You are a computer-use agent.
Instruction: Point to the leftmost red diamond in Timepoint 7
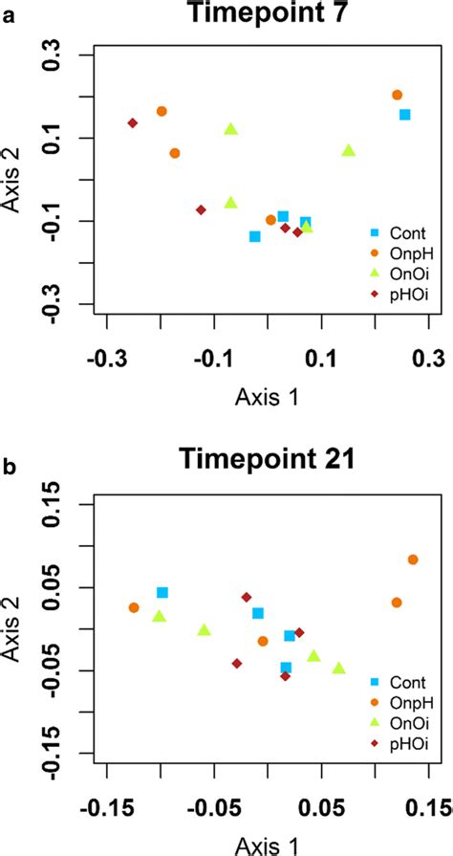point(133,123)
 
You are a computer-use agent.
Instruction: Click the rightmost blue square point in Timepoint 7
point(405,115)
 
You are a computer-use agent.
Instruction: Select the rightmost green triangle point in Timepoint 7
point(349,150)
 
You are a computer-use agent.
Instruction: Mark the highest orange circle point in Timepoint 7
point(398,95)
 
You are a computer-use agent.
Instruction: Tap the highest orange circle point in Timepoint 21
point(413,560)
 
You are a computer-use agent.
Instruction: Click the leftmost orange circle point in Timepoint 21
point(134,607)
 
